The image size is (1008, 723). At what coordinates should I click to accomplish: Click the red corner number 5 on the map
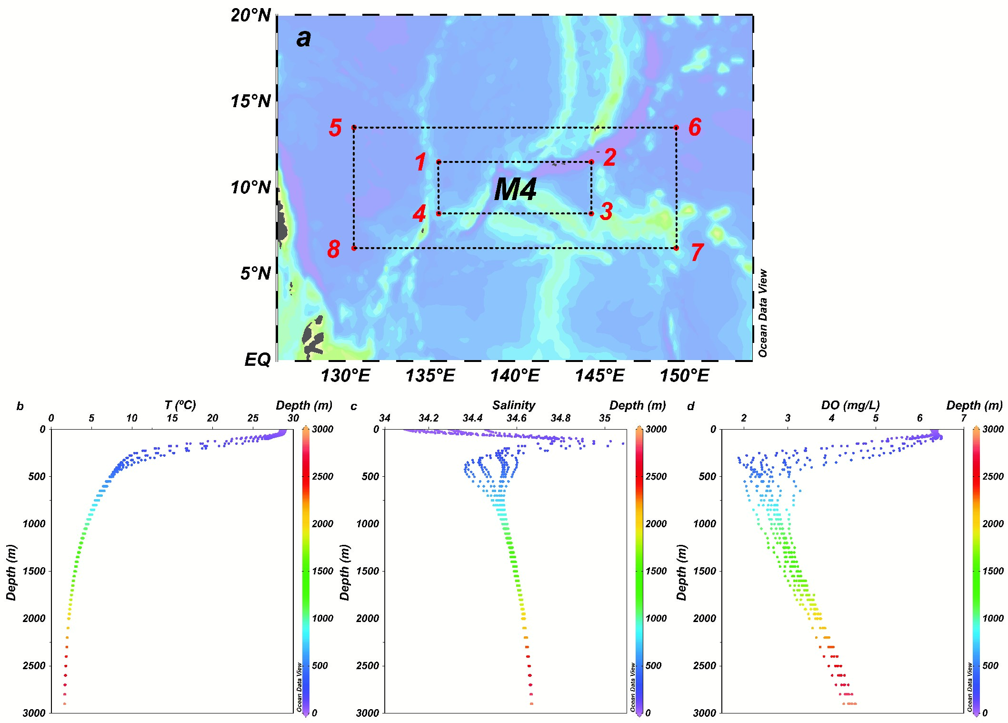coord(335,128)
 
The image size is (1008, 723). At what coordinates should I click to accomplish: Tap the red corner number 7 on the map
coord(697,252)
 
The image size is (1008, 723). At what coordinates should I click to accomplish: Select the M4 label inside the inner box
coord(515,190)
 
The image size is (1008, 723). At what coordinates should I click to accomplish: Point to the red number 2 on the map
coord(609,158)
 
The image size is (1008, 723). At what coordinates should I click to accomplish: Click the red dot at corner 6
coord(676,127)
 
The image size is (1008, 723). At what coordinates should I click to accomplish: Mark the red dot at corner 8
coord(354,248)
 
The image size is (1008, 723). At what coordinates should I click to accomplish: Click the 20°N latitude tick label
coord(251,16)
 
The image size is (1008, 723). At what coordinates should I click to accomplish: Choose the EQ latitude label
coord(258,359)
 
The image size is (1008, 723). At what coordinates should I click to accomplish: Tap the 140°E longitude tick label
coord(515,376)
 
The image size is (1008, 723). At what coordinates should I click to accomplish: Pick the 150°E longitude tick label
coord(684,376)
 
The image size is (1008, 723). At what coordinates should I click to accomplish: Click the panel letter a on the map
coord(303,38)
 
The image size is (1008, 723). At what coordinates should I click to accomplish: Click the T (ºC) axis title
coord(180,405)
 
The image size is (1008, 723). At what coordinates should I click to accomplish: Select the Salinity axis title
coord(513,405)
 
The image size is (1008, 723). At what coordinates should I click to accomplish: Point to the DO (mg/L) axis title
coord(850,405)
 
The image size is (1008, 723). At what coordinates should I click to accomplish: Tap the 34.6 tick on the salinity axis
coord(517,418)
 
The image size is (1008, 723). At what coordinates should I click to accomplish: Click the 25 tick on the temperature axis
coord(253,418)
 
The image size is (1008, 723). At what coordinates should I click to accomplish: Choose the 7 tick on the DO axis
coord(964,418)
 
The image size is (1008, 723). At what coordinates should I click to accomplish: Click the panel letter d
coord(690,406)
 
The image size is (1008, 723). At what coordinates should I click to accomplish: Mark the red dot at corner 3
coord(591,213)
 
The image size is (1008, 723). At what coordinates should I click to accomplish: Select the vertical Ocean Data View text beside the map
coord(763,313)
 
